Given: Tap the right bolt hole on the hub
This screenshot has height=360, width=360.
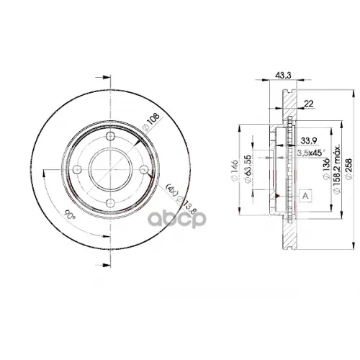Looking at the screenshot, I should (x=143, y=170).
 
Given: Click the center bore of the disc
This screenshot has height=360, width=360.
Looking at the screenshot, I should (x=110, y=169).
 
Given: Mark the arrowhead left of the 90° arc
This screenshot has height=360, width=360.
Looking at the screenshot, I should (x=45, y=171).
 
